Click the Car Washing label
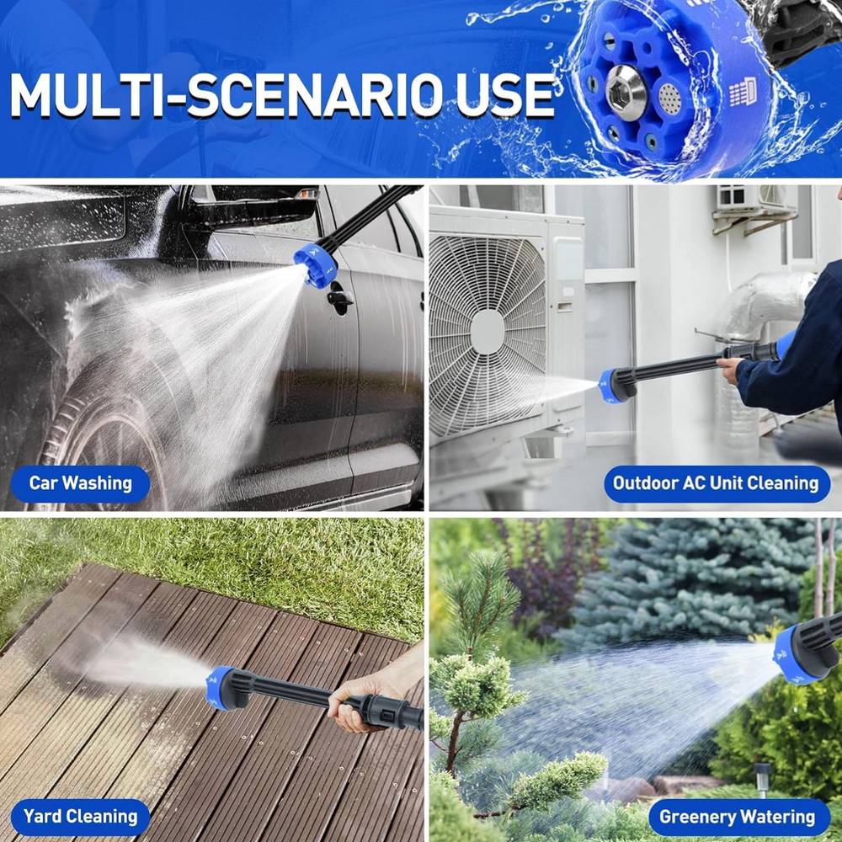(81, 483)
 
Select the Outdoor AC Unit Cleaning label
(716, 483)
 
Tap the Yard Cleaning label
(81, 817)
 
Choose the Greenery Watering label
(738, 817)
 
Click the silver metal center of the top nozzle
(626, 91)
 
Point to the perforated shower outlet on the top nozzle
(669, 99)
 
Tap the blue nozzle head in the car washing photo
(316, 264)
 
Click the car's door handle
(340, 297)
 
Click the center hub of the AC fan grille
(487, 332)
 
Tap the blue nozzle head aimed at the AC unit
(611, 386)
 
